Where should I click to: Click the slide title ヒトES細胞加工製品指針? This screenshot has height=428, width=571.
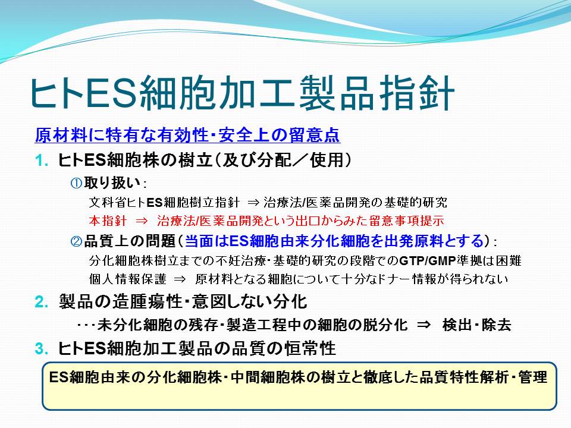click(242, 93)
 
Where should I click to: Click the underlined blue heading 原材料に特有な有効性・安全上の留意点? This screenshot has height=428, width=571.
click(187, 136)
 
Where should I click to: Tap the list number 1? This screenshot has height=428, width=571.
click(42, 160)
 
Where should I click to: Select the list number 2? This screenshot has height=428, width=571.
click(42, 302)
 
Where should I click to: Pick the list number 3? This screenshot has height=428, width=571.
click(42, 349)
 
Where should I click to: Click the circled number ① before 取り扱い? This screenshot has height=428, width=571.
click(76, 183)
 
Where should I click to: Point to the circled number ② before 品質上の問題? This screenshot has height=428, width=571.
click(76, 241)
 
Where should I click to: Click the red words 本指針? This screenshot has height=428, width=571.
click(108, 221)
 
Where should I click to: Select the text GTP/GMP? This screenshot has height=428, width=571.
click(428, 260)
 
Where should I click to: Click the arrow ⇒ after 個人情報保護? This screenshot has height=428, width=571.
click(180, 279)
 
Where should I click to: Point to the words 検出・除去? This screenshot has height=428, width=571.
click(477, 325)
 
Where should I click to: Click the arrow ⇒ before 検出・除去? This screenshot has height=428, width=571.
click(423, 325)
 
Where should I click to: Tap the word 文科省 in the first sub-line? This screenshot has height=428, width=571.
click(108, 202)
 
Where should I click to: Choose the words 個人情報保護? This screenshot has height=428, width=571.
click(127, 279)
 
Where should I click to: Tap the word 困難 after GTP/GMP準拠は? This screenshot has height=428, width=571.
click(509, 260)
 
